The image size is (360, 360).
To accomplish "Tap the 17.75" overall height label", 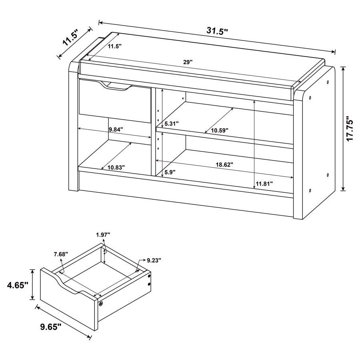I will point(350,129).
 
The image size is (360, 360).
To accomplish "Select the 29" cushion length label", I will point(188,62).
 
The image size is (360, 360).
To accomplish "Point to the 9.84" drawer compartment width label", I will point(116,129).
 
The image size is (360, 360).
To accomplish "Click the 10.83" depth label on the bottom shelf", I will point(116,167).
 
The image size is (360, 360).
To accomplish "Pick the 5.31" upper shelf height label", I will point(172,124).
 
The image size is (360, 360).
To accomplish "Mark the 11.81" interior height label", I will point(264,184).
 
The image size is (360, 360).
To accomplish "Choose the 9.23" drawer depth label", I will point(154,260).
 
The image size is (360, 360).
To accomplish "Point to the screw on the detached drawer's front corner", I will point(100,304).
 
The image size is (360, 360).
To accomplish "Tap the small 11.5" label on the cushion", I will point(114,46).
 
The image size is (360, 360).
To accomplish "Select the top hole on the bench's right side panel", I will point(328,82).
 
